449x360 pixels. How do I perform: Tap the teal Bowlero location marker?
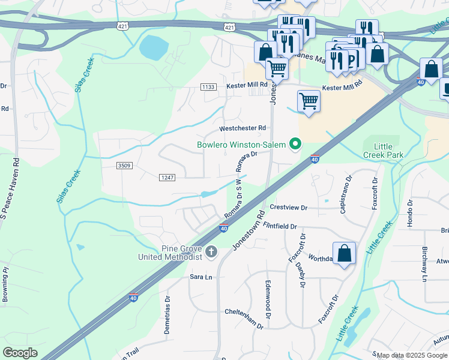(295, 144)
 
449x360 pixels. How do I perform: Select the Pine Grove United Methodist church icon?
(211, 251)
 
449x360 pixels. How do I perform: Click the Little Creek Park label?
(384, 151)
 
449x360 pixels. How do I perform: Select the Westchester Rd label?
(243, 128)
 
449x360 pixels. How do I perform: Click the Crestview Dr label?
(288, 208)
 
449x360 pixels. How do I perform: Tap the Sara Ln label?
(201, 277)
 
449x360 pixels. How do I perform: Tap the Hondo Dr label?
(411, 211)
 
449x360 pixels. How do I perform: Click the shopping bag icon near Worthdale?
(345, 253)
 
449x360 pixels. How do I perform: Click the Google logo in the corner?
(20, 353)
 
